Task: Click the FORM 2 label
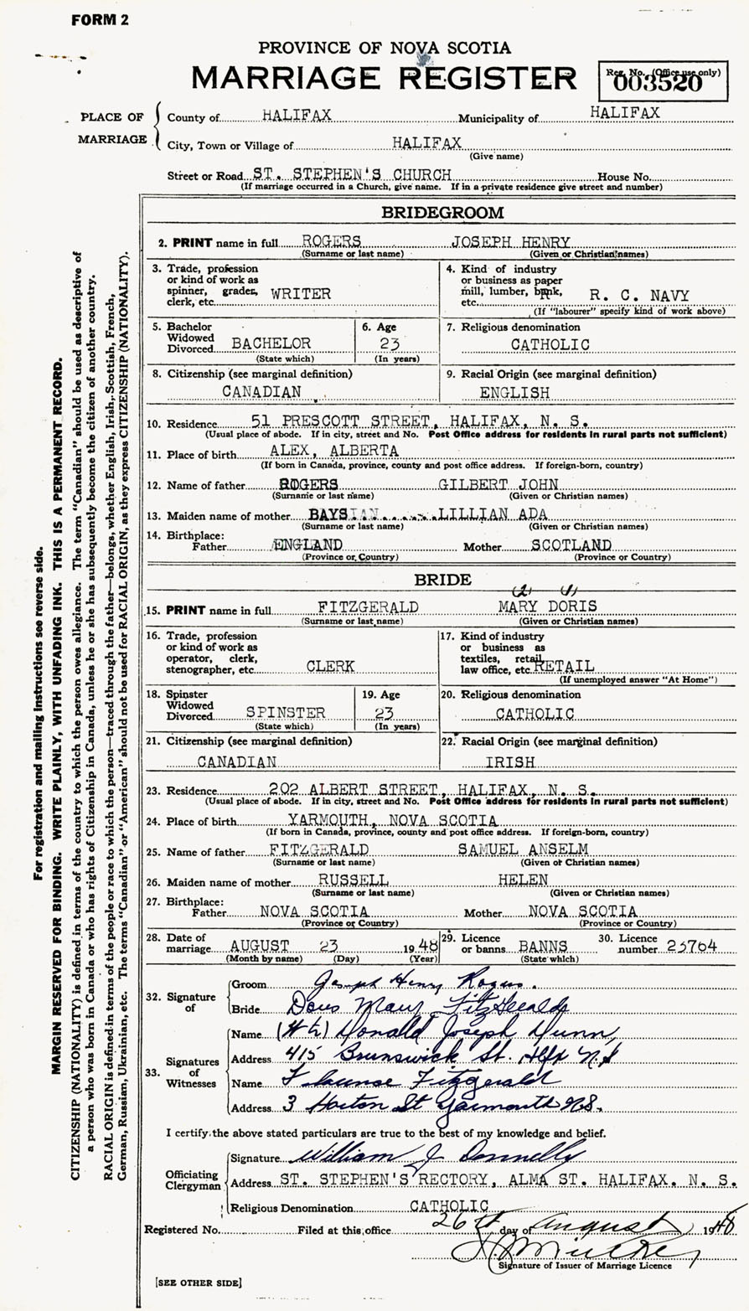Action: coord(100,20)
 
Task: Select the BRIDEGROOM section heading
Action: coord(442,213)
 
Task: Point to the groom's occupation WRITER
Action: coord(300,294)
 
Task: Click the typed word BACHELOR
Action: coord(271,343)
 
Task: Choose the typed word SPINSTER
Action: coord(286,713)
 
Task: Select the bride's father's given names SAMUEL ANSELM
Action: coord(527,850)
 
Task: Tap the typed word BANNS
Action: coord(543,946)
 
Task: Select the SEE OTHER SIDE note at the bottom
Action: coord(199,1283)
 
